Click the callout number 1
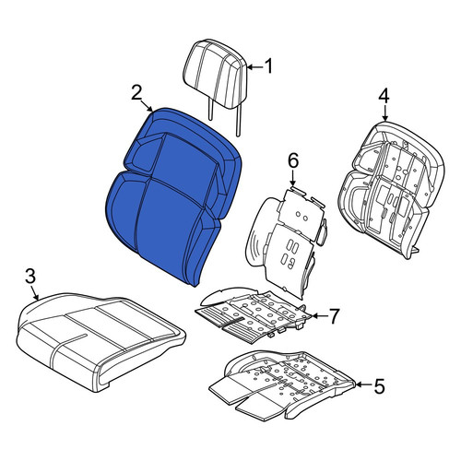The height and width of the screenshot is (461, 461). [x=269, y=66]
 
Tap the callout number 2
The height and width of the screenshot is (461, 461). [x=136, y=93]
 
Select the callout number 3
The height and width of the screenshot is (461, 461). [x=30, y=276]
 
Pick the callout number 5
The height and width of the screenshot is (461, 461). [x=380, y=385]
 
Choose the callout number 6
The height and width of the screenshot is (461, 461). [x=292, y=160]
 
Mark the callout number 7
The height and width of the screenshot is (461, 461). [x=334, y=316]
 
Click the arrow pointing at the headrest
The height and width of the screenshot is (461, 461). [x=255, y=66]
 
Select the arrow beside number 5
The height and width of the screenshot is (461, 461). [x=364, y=384]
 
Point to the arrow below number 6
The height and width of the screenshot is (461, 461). [x=292, y=178]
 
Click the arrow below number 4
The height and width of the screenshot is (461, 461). [x=384, y=112]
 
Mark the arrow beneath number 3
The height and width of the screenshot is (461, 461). [x=35, y=292]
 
